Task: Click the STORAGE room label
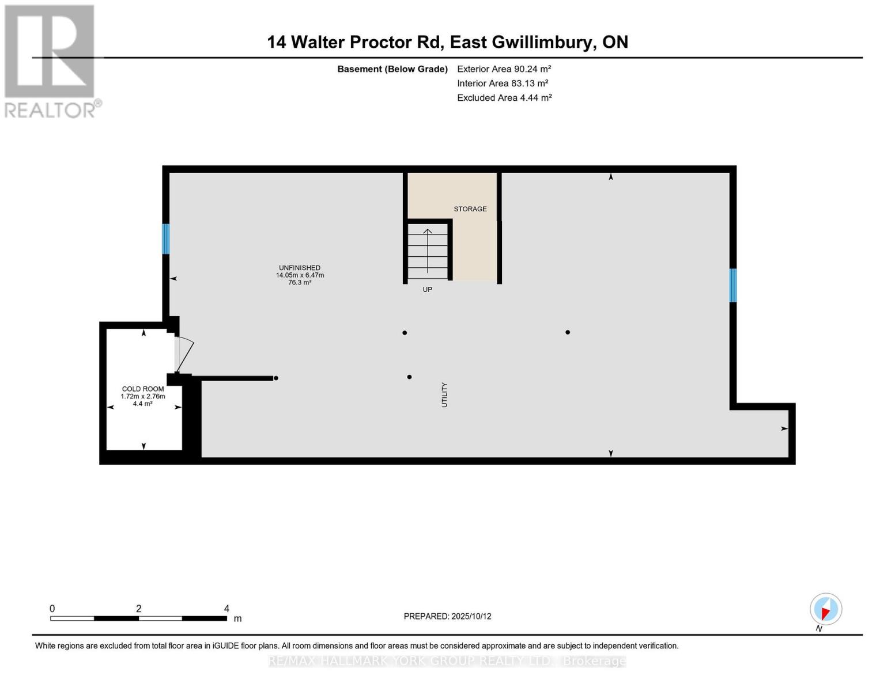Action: tap(470, 209)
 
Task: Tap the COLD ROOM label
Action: tap(143, 389)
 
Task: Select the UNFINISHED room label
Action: tap(300, 268)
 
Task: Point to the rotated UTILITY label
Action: tap(444, 395)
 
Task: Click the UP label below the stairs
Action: tap(427, 290)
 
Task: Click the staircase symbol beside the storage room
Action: tap(428, 251)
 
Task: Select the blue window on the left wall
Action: tap(166, 239)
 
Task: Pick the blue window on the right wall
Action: tap(732, 285)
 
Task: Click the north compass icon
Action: tap(825, 609)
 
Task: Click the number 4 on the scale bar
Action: tap(226, 609)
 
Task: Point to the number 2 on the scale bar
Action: tap(138, 609)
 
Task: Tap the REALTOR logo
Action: tap(51, 61)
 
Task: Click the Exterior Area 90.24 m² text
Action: tap(504, 69)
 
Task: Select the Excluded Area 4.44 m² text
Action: tap(504, 98)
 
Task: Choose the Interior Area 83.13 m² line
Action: tap(503, 83)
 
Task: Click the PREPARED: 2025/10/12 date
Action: tap(447, 616)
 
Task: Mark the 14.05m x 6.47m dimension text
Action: tap(300, 275)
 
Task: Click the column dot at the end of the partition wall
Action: tap(276, 378)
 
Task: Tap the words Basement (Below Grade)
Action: tap(392, 69)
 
